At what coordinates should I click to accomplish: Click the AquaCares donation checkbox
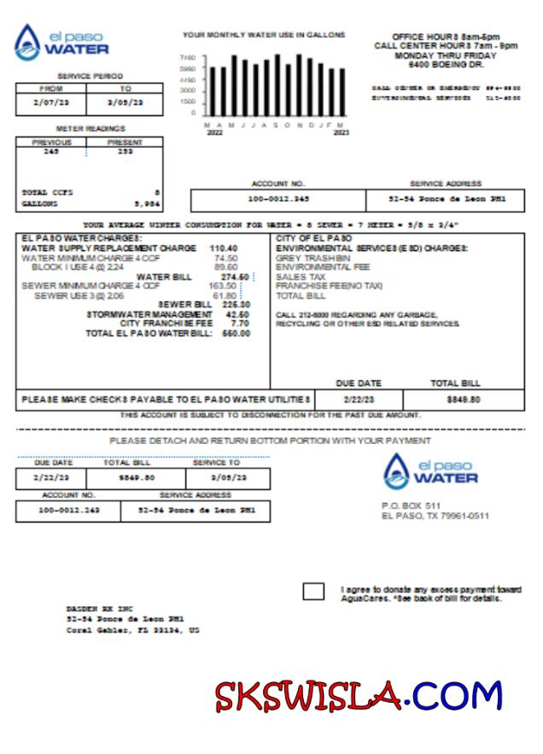(x=313, y=592)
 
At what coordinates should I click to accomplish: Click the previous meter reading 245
(x=50, y=151)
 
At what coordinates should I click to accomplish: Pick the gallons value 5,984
(x=146, y=205)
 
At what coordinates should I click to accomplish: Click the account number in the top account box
(x=278, y=200)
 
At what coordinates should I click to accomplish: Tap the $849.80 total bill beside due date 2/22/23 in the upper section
(x=464, y=400)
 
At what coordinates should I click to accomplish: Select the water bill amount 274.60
(x=234, y=277)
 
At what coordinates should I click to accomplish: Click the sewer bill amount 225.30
(x=236, y=305)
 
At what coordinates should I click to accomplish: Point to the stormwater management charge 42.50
(x=237, y=314)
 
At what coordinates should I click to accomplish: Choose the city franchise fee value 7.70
(x=240, y=324)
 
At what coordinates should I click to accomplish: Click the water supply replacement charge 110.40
(x=224, y=248)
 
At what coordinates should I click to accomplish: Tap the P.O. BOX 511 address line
(x=411, y=506)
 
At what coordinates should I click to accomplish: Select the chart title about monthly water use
(x=264, y=35)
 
